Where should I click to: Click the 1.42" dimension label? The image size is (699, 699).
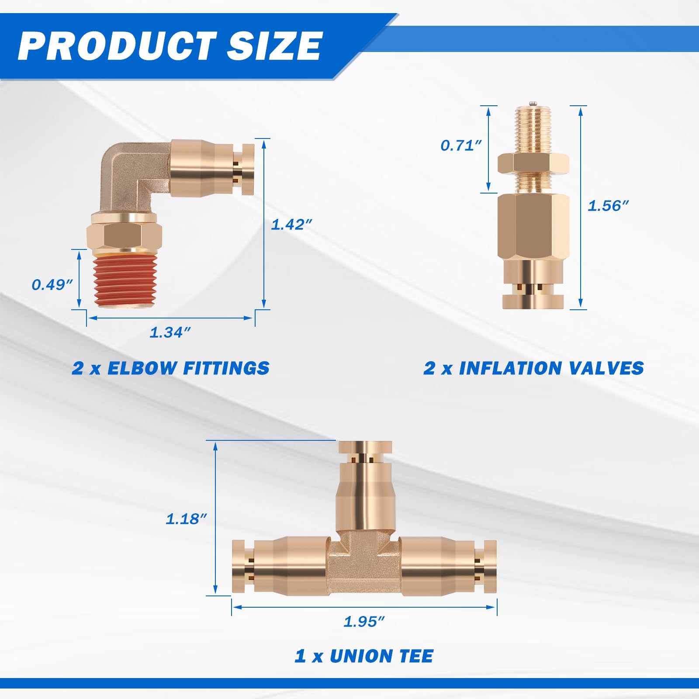coord(291,225)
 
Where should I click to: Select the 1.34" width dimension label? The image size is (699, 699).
coord(170,332)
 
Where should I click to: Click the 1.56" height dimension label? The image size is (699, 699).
coord(608,205)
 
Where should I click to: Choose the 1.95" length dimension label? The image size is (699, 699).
coord(364,621)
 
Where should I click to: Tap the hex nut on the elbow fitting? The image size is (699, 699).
coord(125,237)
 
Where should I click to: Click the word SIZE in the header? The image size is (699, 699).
coord(274,46)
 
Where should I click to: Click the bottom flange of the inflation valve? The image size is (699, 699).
coord(533,301)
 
